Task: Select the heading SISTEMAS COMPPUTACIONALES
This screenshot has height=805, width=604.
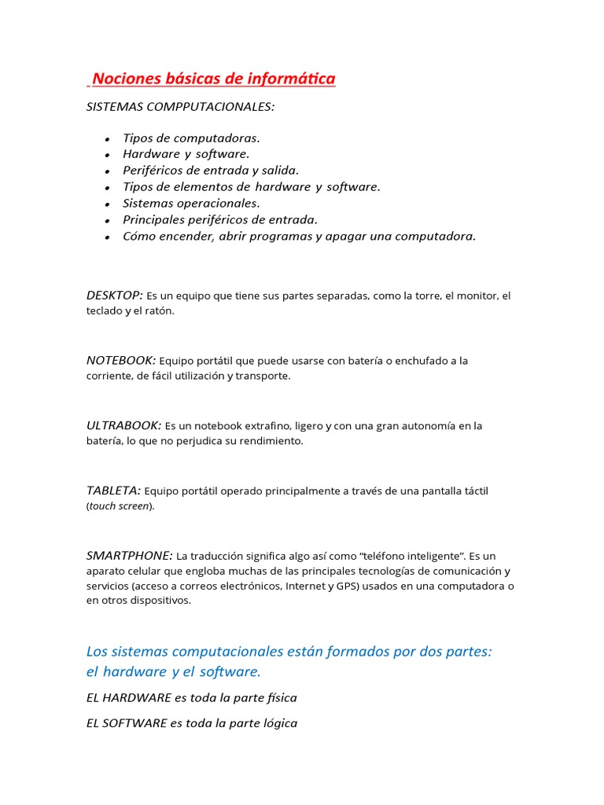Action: [180, 106]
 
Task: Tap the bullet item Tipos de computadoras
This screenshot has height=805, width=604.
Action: [191, 138]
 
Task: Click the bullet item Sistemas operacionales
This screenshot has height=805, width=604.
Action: [191, 203]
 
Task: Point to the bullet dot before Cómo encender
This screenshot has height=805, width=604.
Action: [107, 237]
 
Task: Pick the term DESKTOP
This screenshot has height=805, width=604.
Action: [114, 295]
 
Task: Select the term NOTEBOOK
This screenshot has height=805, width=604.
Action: [120, 360]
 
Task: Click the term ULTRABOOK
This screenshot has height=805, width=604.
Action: [123, 425]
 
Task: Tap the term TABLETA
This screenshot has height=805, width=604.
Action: [113, 491]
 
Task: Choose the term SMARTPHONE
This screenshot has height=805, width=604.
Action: [129, 555]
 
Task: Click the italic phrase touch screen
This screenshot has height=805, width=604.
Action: [119, 506]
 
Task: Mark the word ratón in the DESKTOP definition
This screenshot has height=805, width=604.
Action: [158, 311]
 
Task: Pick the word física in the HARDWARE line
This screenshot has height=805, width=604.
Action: [280, 697]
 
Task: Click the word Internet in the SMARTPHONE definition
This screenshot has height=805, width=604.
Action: [308, 586]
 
